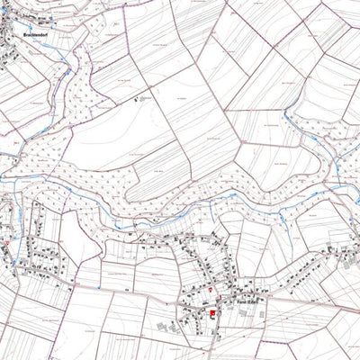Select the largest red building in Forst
pyautogui.click(x=212, y=313)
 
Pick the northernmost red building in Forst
pyautogui.click(x=210, y=290)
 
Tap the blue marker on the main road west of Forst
pyautogui.click(x=94, y=284)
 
